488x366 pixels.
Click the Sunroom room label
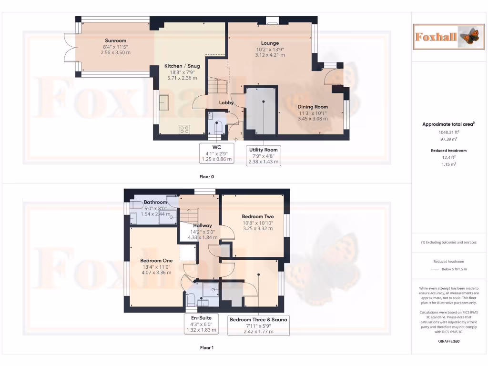coord(116,41)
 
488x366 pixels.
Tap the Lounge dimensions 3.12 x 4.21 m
coord(270,55)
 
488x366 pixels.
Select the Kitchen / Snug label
coord(182,66)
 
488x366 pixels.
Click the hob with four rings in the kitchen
coord(184,129)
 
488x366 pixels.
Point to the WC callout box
coord(217,153)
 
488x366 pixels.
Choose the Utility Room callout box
coord(263,156)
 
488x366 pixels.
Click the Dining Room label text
coord(313,107)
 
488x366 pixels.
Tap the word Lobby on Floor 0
coord(226,102)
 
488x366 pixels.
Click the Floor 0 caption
coord(207,176)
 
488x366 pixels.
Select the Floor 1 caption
coord(207,348)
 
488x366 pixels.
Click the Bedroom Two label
coord(258,216)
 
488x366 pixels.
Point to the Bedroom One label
coord(156,261)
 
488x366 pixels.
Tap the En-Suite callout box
coord(202,323)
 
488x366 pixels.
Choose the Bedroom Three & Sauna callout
coord(258,326)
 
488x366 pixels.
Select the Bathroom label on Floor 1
coord(155,203)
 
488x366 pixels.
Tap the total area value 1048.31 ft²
coord(449,132)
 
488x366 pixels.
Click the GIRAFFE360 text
coord(448,341)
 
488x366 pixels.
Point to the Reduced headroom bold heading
coord(448,151)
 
